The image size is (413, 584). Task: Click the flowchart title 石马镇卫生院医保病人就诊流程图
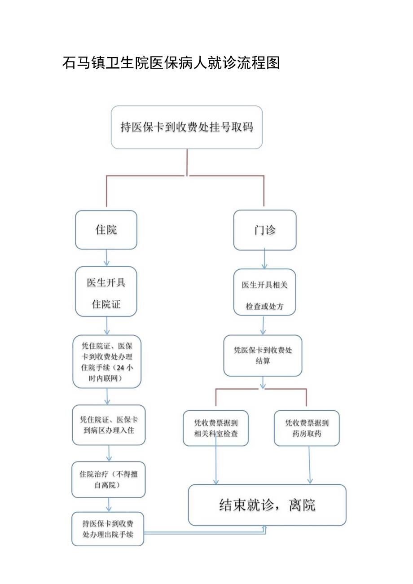coord(171,63)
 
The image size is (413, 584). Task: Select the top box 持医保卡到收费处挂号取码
coord(187,127)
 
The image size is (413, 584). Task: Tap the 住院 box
coord(106,230)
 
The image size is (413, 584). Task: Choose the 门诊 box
coord(265,230)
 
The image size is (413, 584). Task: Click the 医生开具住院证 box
coord(106,292)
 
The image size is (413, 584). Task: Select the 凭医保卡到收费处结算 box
coord(263,355)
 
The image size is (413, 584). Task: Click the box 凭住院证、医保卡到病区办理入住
coord(109,425)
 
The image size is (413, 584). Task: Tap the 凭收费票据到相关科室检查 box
coord(216,428)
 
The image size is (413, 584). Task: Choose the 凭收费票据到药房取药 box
coord(307,428)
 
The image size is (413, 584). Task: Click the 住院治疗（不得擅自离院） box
coord(109,479)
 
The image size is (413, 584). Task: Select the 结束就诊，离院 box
coord(267,505)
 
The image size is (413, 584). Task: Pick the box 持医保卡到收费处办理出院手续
coord(108,529)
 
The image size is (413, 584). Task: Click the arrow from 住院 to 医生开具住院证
coord(106,258)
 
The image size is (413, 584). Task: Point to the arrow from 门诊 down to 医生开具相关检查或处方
coord(264,259)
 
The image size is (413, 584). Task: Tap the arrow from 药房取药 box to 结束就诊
coord(309,465)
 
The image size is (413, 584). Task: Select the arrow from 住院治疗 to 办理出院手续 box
coord(108,505)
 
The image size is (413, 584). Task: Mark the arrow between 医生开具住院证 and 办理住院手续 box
coord(106,325)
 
